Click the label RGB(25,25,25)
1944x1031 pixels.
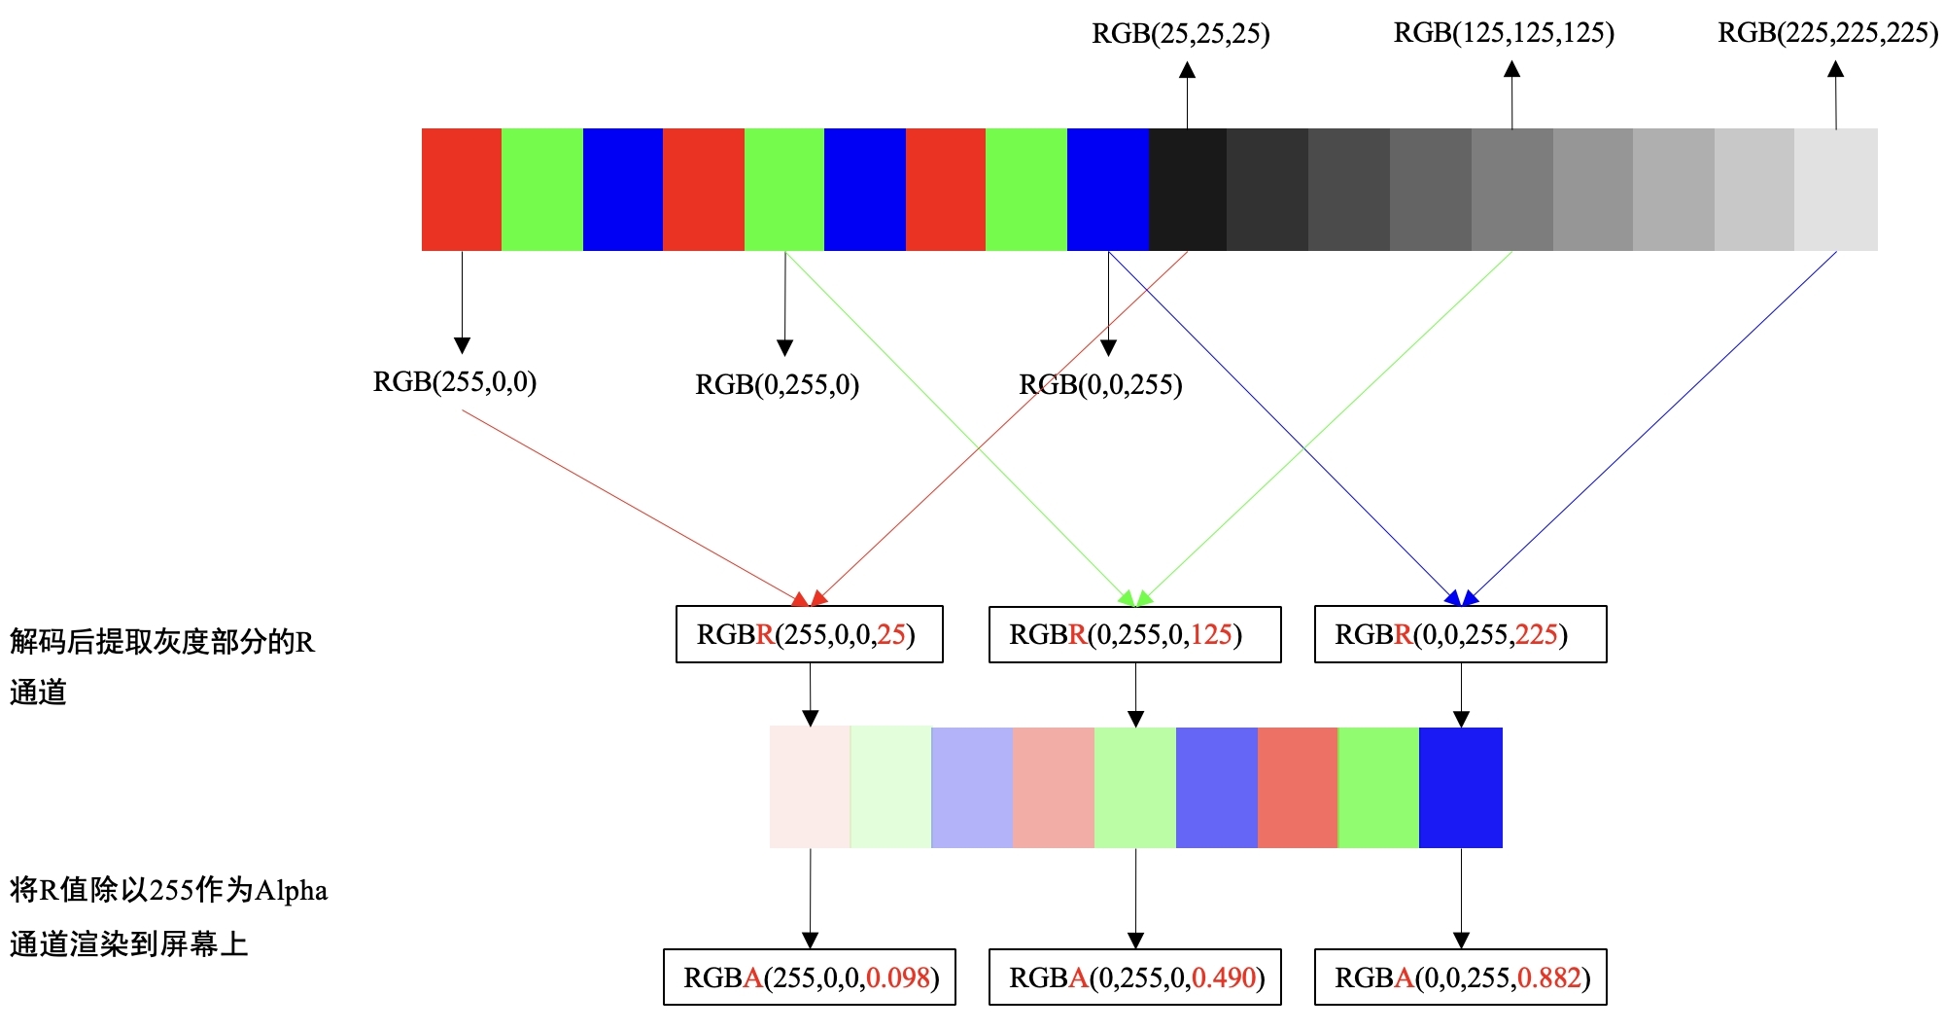pyautogui.click(x=1180, y=34)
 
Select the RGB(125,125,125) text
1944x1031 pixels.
pyautogui.click(x=1504, y=33)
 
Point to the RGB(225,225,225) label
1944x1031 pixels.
pyautogui.click(x=1827, y=33)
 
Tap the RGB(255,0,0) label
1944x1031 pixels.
pyautogui.click(x=455, y=381)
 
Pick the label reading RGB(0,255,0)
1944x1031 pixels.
pyautogui.click(x=777, y=385)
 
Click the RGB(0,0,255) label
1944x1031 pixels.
pyautogui.click(x=1100, y=385)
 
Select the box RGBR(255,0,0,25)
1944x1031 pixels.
pyautogui.click(x=809, y=635)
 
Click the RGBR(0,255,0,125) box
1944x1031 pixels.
pyautogui.click(x=1134, y=635)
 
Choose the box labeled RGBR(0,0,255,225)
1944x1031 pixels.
pyautogui.click(x=1460, y=635)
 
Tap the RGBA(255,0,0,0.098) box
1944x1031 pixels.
pyautogui.click(x=809, y=978)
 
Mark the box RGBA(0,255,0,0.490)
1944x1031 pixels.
pyautogui.click(x=1134, y=978)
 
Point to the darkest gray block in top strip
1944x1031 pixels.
pyautogui.click(x=1187, y=190)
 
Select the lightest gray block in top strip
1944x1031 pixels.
pyautogui.click(x=1835, y=190)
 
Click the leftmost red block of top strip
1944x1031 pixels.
pyautogui.click(x=462, y=190)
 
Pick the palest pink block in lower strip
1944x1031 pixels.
pyautogui.click(x=810, y=787)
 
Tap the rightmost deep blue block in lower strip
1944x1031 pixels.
pyautogui.click(x=1460, y=787)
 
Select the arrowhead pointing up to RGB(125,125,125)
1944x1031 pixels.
pyautogui.click(x=1511, y=69)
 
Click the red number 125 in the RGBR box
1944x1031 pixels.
pyautogui.click(x=1211, y=635)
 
